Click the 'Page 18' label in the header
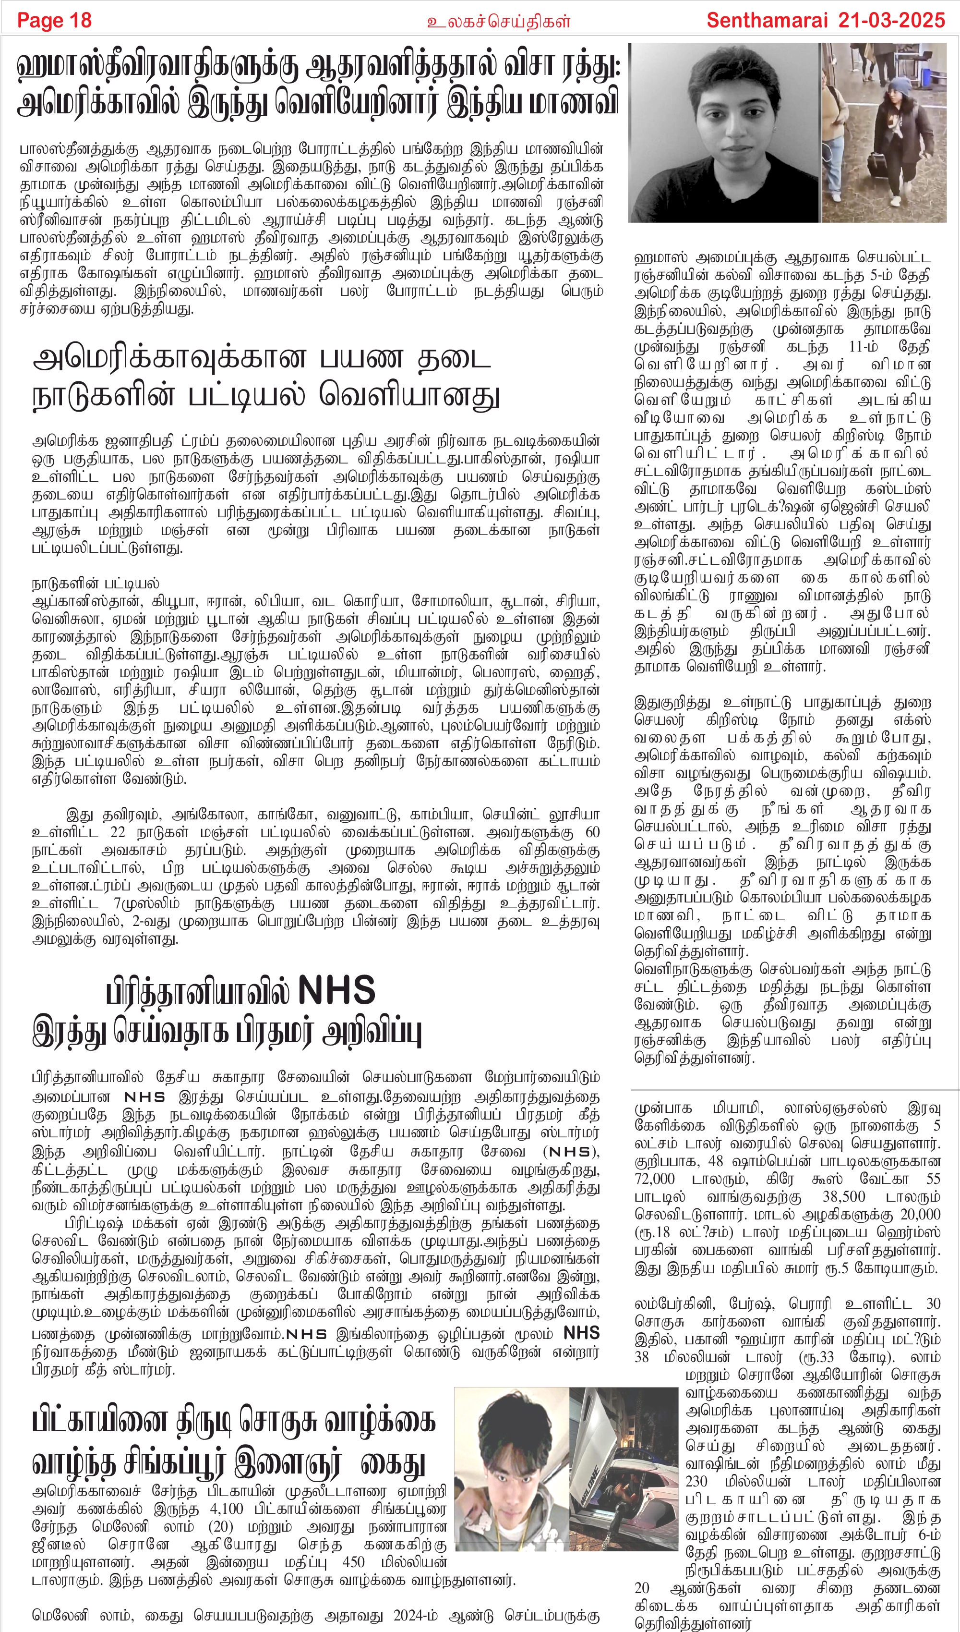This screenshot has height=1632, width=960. (54, 20)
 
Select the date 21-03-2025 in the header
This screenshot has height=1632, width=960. (891, 20)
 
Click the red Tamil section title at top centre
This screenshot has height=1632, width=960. (498, 22)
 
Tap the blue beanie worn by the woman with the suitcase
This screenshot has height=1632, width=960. (899, 87)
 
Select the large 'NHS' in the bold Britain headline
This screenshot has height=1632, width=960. (336, 991)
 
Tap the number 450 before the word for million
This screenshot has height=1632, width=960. (353, 1562)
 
